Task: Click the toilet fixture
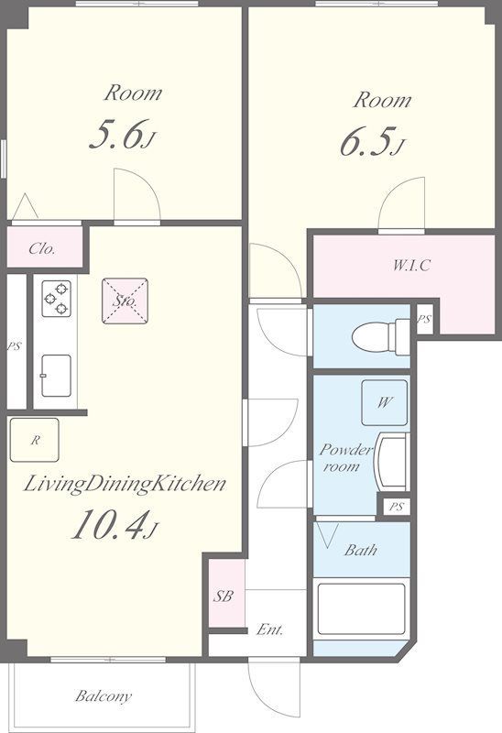(380, 336)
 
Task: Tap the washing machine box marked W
(384, 402)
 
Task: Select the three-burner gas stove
(56, 299)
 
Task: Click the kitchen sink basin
(56, 376)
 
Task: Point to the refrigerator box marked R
(35, 440)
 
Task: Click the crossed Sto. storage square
(125, 301)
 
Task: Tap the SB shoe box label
(223, 596)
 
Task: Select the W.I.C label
(411, 266)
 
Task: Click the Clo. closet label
(42, 248)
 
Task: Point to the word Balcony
(104, 696)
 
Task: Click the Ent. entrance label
(269, 629)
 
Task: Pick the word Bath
(360, 550)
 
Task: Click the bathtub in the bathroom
(361, 608)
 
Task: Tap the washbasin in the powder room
(392, 462)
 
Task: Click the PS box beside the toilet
(424, 320)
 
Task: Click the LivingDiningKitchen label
(125, 485)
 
